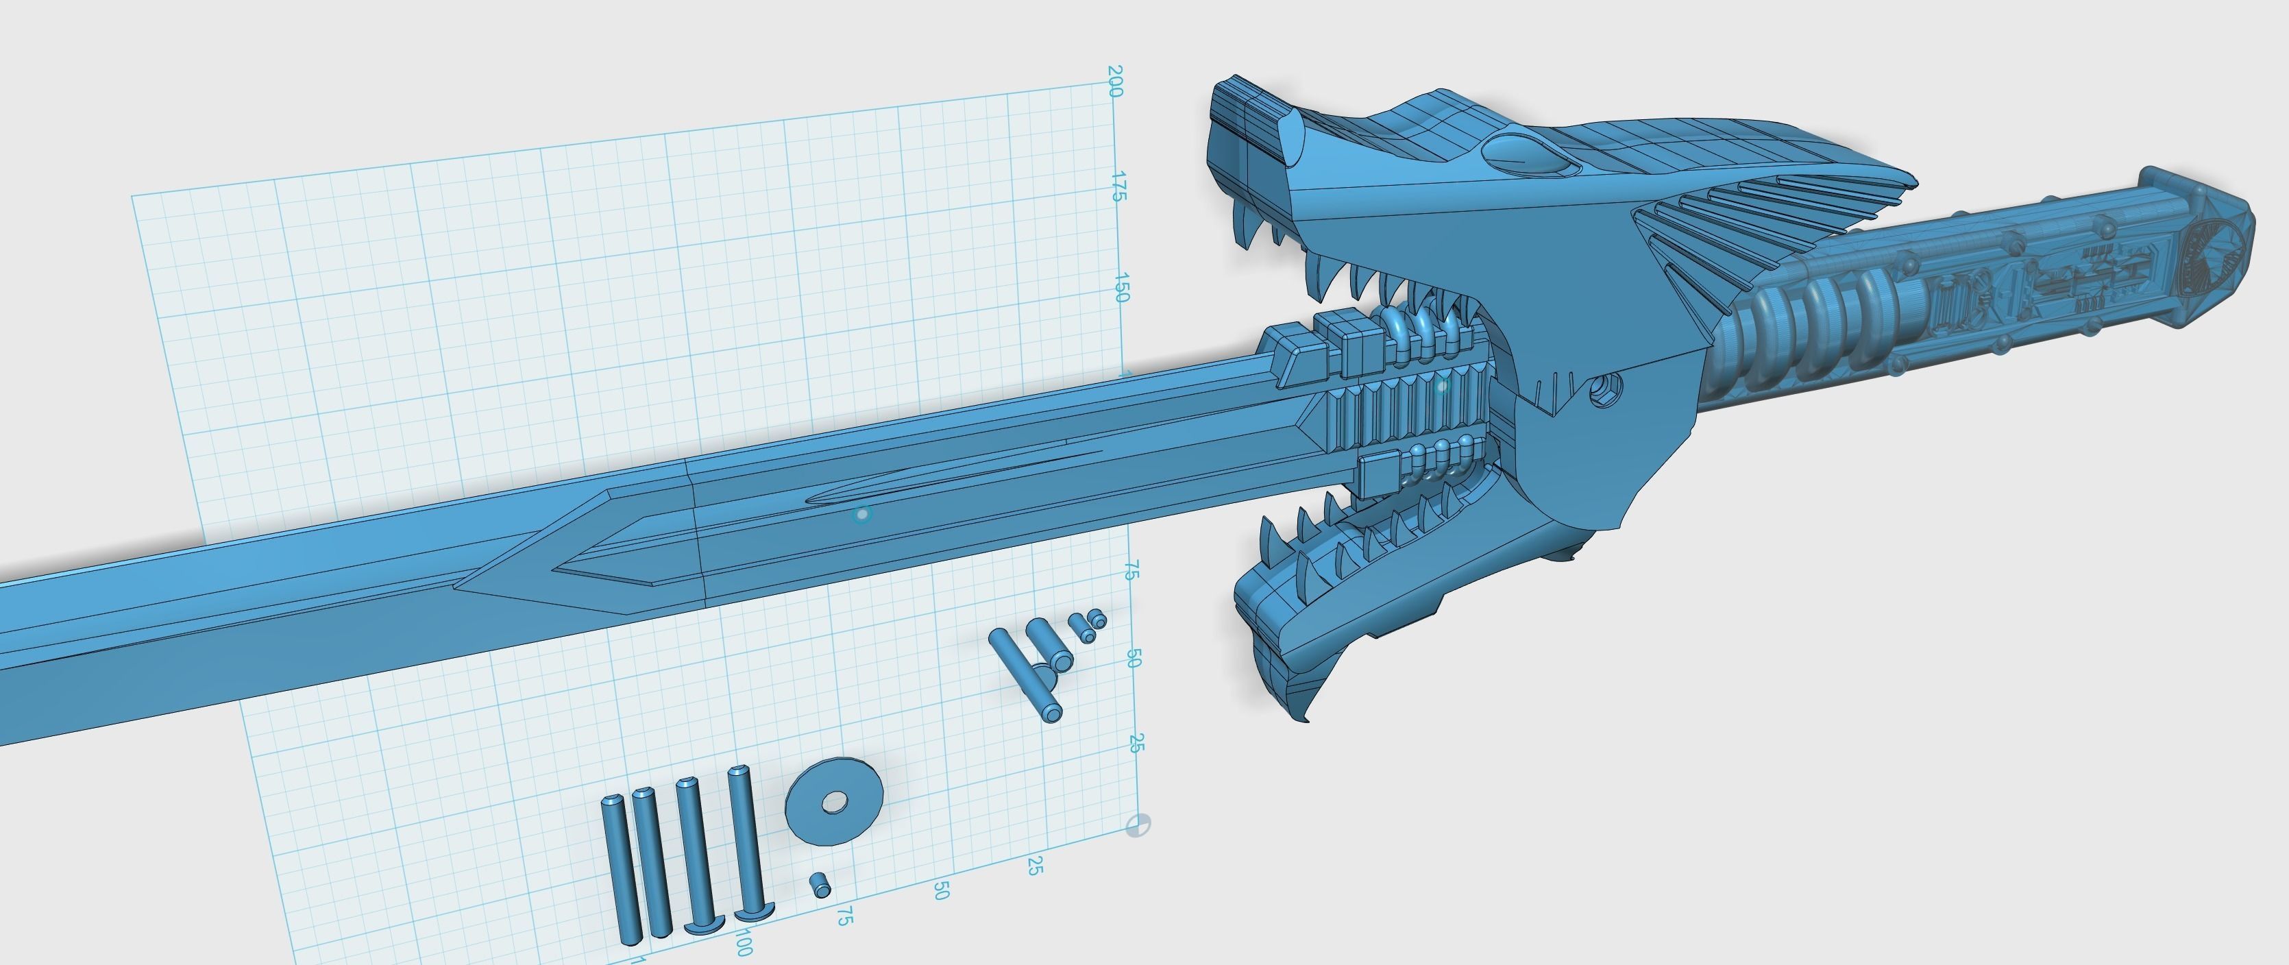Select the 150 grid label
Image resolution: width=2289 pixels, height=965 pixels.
tap(1121, 288)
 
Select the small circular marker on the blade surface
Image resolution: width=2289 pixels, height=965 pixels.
tap(861, 515)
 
